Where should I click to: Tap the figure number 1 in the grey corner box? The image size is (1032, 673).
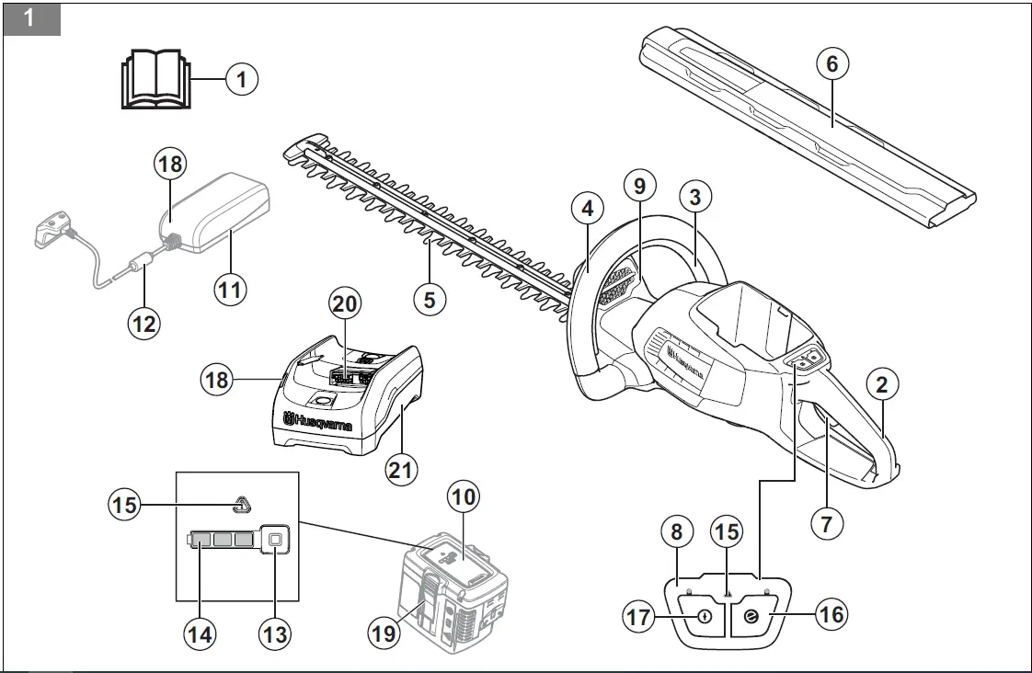29,18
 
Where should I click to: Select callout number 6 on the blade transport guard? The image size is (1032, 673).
832,64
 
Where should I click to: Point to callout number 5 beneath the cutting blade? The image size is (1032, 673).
430,298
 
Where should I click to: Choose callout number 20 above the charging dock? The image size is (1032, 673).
347,302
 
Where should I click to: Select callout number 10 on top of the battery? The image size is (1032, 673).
464,497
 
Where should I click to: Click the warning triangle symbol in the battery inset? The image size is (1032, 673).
241,504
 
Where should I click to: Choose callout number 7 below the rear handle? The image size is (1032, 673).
826,523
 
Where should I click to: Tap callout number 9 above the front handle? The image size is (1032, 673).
640,184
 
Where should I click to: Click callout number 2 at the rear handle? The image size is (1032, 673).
882,385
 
